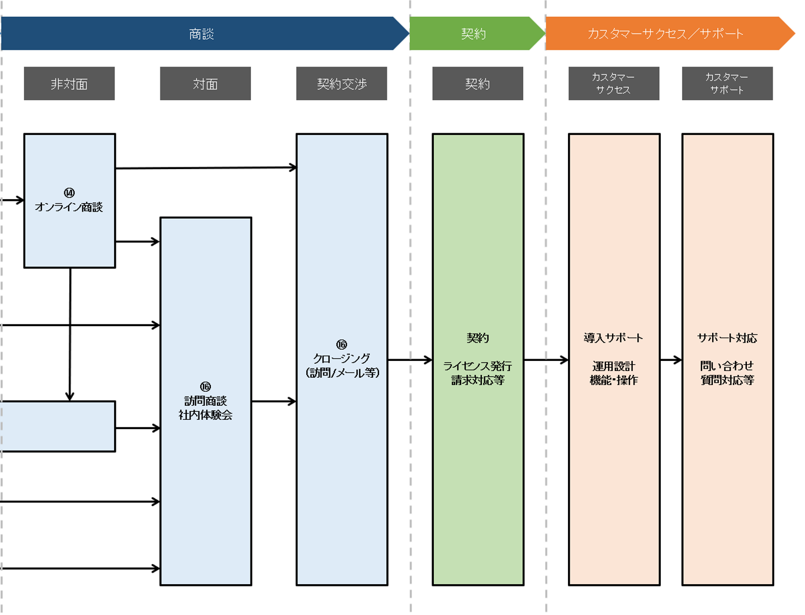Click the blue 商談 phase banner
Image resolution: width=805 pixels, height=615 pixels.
tap(201, 34)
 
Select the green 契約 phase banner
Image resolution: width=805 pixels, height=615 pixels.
tap(474, 34)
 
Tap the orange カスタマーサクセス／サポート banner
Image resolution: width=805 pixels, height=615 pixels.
tap(665, 34)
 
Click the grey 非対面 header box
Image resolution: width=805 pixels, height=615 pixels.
tap(69, 84)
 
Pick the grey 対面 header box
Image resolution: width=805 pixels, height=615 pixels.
tap(205, 84)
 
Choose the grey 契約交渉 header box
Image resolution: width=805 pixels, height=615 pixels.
tap(342, 84)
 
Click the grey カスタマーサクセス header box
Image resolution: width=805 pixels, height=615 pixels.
tap(613, 83)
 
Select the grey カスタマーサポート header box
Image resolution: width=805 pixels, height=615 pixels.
tap(727, 83)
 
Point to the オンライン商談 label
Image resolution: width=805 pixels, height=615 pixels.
tap(69, 208)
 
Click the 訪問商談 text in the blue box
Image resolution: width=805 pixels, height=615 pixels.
tap(205, 401)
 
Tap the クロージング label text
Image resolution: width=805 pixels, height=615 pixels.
tap(342, 359)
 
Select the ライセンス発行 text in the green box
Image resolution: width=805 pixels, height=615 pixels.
tap(477, 367)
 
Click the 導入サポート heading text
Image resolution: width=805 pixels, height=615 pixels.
tap(613, 338)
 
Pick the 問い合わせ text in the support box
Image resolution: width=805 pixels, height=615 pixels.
tap(727, 366)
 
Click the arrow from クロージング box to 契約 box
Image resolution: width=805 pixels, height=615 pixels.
tap(410, 360)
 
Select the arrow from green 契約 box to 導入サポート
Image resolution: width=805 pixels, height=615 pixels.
tap(546, 360)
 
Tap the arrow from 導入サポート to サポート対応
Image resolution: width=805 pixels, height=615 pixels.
tap(671, 360)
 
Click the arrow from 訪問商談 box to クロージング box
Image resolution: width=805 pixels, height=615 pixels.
tap(273, 401)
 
